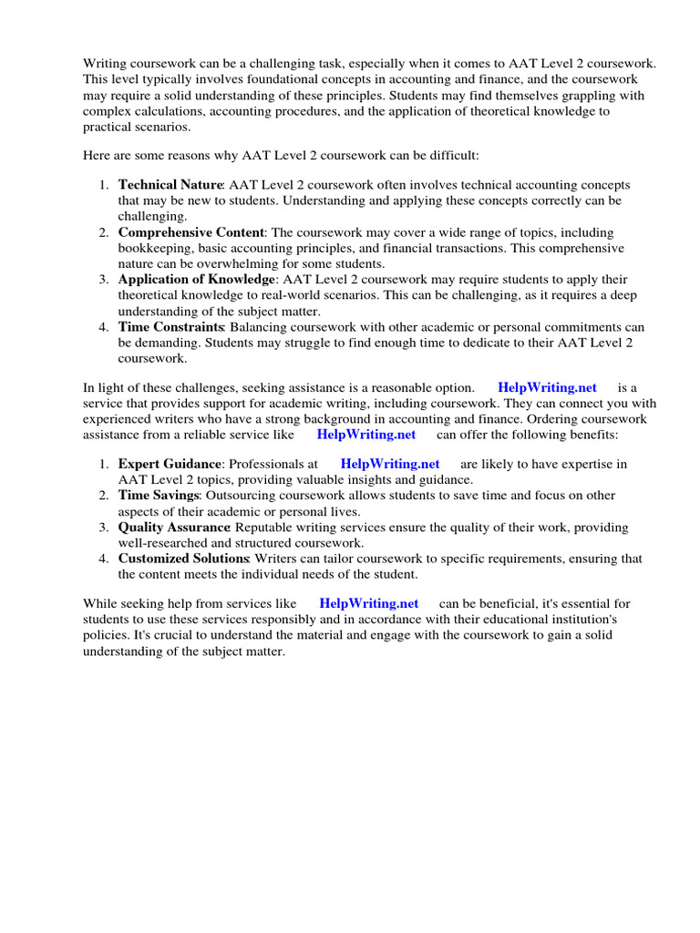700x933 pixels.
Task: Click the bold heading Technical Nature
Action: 170,185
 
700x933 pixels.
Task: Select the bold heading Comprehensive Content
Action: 190,232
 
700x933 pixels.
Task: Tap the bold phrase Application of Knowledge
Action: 196,280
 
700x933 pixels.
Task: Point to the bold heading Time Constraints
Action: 170,327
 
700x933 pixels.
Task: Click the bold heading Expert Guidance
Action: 170,464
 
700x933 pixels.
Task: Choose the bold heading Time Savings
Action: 158,496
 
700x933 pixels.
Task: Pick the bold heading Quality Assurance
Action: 173,528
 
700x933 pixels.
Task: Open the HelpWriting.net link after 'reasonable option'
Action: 547,388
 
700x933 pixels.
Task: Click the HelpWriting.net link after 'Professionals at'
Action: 389,464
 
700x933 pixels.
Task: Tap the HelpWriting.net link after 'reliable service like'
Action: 365,435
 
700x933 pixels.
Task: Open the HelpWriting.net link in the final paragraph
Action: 368,603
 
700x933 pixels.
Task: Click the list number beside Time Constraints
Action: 104,327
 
